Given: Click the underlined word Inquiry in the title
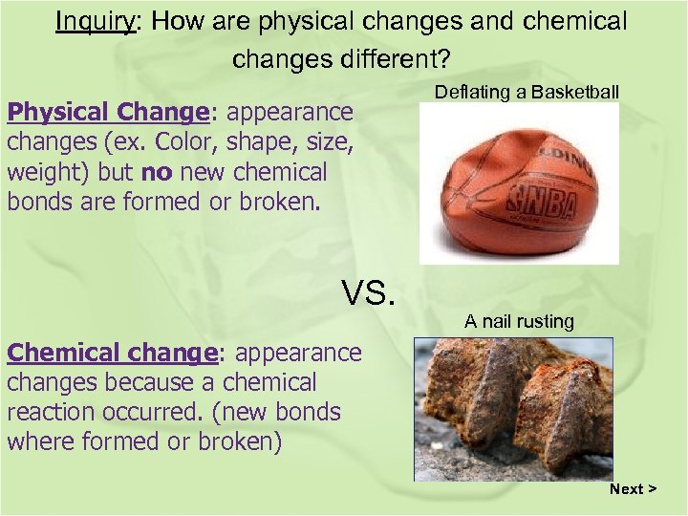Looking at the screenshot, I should point(96,21).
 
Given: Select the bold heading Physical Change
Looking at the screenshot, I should point(108,113).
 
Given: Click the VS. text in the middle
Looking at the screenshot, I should point(368,292).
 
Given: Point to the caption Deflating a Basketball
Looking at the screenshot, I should point(527,92).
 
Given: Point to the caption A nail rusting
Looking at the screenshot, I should point(519,322).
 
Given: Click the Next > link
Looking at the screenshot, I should point(634,489).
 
